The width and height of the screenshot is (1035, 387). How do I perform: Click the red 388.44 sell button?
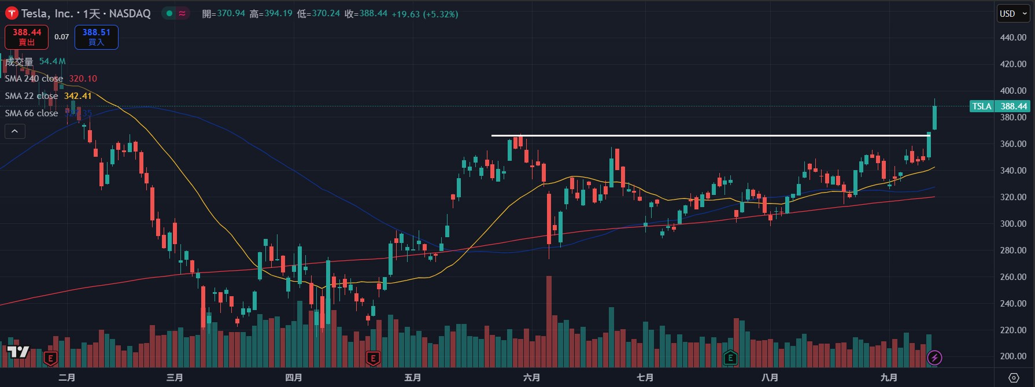pyautogui.click(x=27, y=37)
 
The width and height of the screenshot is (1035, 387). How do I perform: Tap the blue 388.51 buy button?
pyautogui.click(x=96, y=37)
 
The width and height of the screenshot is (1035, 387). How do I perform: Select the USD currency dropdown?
pyautogui.click(x=1013, y=14)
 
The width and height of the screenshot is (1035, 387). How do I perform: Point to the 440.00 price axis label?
pyautogui.click(x=1013, y=38)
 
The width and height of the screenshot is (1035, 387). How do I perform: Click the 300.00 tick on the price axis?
pyautogui.click(x=1013, y=224)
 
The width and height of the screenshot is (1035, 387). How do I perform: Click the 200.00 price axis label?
pyautogui.click(x=1013, y=357)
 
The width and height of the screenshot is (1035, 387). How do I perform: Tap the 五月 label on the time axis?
pyautogui.click(x=412, y=378)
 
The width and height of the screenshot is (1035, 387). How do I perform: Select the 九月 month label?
pyautogui.click(x=889, y=378)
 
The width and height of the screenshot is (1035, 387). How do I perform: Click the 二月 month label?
pyautogui.click(x=67, y=378)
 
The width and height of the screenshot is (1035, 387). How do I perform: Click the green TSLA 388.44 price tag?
pyautogui.click(x=999, y=106)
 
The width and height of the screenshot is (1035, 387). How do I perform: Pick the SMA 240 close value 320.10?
pyautogui.click(x=83, y=79)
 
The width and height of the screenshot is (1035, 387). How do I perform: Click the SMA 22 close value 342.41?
pyautogui.click(x=78, y=96)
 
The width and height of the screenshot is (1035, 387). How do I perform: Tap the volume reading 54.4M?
pyautogui.click(x=52, y=61)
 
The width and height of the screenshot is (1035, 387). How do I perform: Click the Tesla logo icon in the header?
pyautogui.click(x=12, y=13)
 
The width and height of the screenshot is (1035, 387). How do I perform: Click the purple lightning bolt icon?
pyautogui.click(x=934, y=358)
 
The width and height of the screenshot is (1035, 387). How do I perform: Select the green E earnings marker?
pyautogui.click(x=730, y=358)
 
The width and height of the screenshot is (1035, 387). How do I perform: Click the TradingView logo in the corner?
pyautogui.click(x=18, y=352)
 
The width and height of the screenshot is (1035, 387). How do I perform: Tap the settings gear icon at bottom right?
pyautogui.click(x=1014, y=378)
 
